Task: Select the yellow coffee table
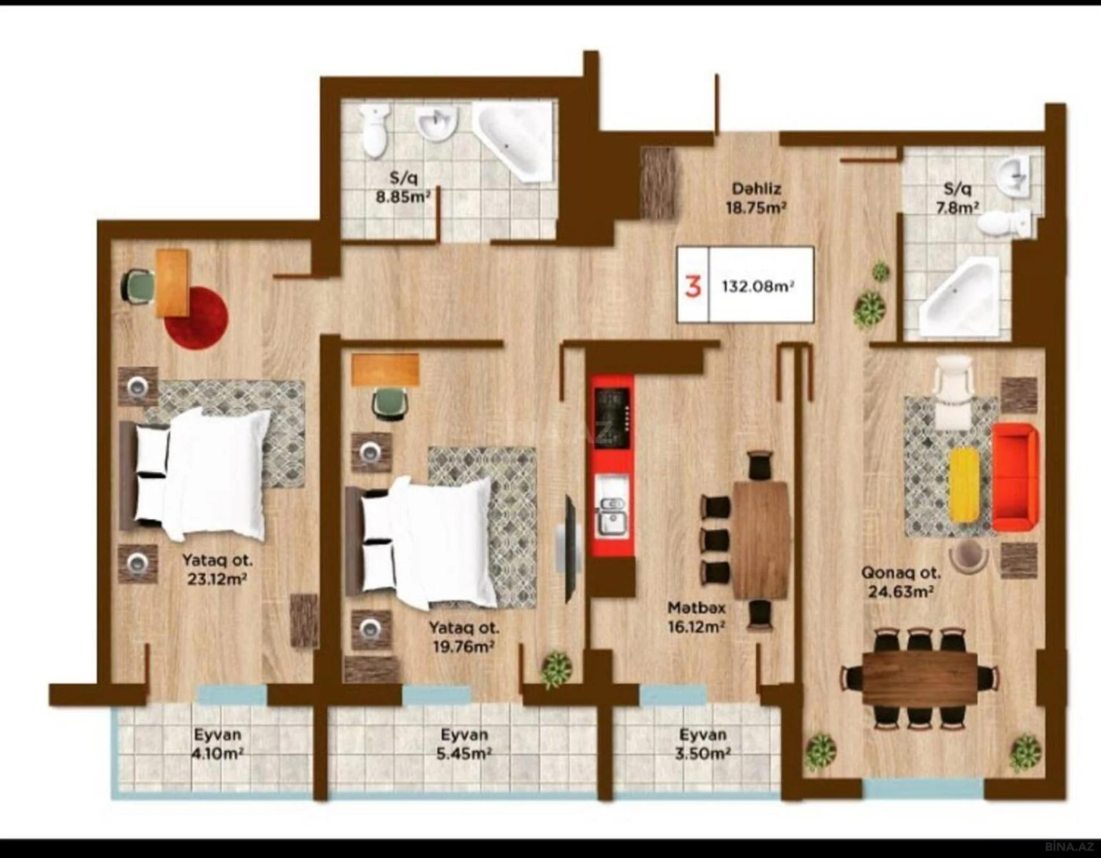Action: (x=964, y=486)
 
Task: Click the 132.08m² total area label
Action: (x=758, y=287)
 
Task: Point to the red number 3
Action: (x=693, y=287)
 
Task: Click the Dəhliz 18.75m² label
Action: (x=756, y=198)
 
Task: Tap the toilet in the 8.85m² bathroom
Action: (x=375, y=130)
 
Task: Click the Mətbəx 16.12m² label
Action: (x=696, y=617)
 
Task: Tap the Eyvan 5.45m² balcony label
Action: (x=464, y=743)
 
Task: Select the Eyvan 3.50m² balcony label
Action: (x=702, y=743)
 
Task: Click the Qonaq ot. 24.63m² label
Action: (x=901, y=582)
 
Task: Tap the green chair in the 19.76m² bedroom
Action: (x=390, y=402)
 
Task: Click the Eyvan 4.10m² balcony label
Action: (x=217, y=743)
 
